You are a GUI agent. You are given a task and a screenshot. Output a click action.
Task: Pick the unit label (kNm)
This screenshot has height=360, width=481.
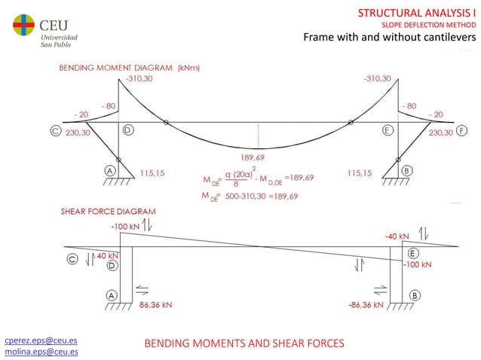point(188,67)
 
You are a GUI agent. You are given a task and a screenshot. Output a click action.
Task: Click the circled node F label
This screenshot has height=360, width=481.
point(459,131)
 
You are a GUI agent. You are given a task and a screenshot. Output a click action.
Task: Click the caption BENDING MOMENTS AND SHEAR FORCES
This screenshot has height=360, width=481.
point(244,343)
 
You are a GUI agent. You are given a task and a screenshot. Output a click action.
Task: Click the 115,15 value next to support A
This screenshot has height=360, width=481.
point(153,172)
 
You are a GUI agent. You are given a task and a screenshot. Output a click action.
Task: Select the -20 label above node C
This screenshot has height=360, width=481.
point(81,114)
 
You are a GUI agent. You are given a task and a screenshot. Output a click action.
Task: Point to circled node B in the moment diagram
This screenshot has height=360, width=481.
point(407,172)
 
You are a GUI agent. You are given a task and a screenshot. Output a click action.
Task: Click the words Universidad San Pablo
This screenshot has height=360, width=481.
point(57,39)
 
